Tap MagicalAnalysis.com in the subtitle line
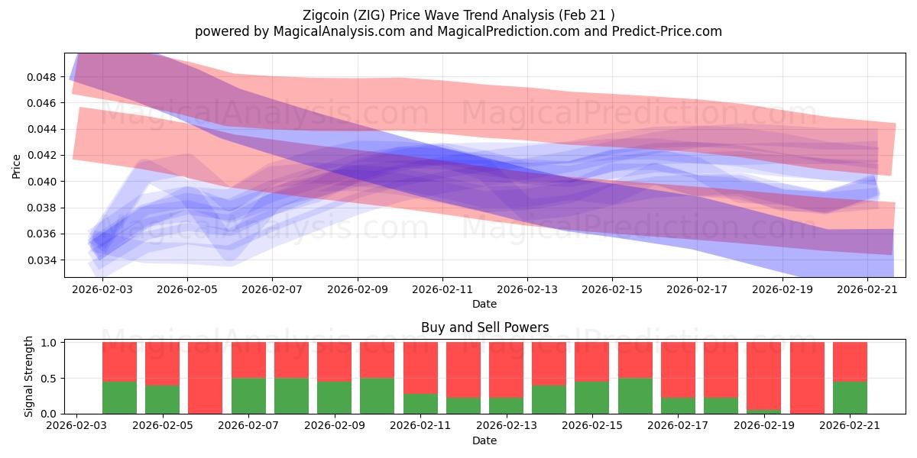(339, 31)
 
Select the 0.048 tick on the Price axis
(41, 77)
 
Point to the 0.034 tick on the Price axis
(41, 260)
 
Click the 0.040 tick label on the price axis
(41, 182)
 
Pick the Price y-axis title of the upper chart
(16, 166)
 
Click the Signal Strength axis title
(28, 376)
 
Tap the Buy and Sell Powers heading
(484, 327)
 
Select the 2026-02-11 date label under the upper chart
(442, 289)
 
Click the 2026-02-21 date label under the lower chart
(850, 426)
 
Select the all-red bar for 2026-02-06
(205, 378)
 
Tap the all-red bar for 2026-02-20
(807, 378)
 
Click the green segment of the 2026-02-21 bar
(850, 398)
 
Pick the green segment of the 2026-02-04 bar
(162, 399)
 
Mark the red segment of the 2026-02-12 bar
(463, 370)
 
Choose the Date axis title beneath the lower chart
(484, 441)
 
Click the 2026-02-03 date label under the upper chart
(102, 289)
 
